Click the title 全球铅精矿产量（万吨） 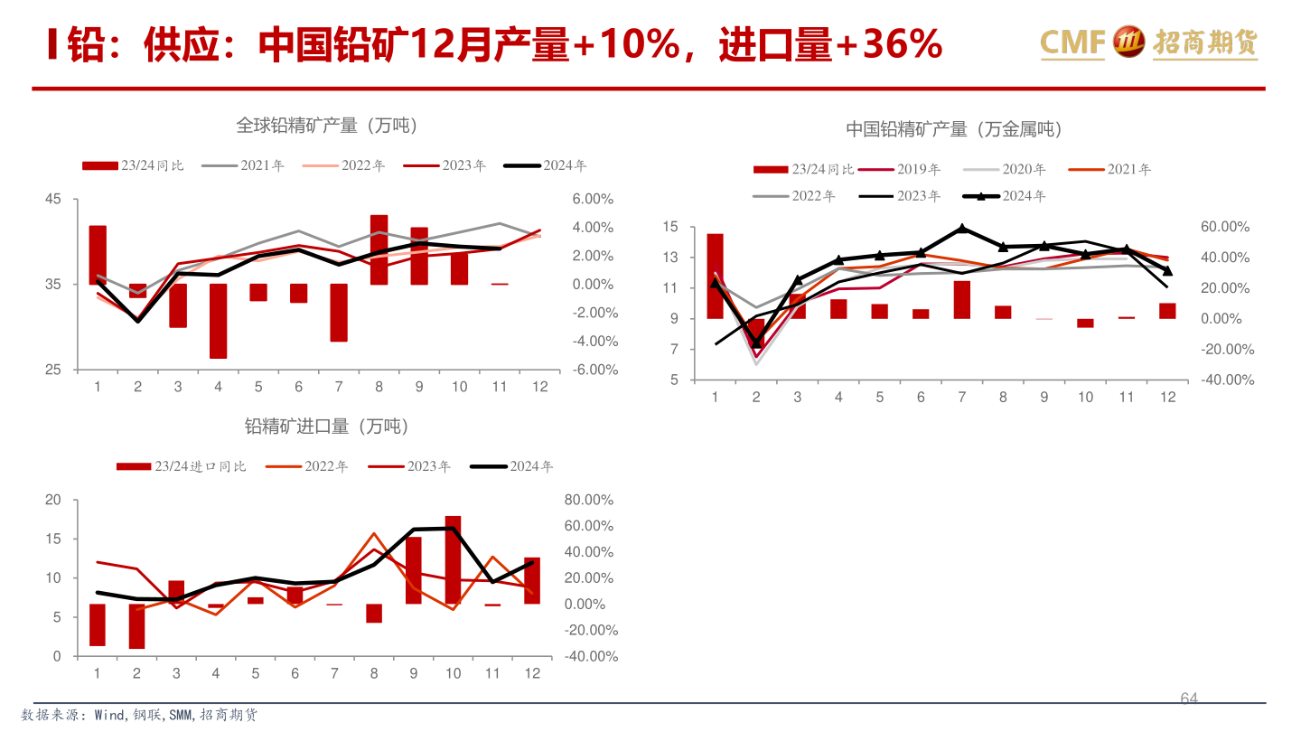[327, 126]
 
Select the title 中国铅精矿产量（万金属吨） [954, 129]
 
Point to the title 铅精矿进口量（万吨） [326, 427]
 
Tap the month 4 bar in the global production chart [218, 321]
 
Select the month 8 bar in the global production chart [379, 249]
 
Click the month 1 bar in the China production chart [715, 276]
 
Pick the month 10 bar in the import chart [453, 559]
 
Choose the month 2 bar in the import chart [136, 625]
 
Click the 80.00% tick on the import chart [589, 500]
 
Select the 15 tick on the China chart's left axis [669, 227]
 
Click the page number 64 [1189, 698]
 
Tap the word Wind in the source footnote [111, 715]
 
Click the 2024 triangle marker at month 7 [962, 229]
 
